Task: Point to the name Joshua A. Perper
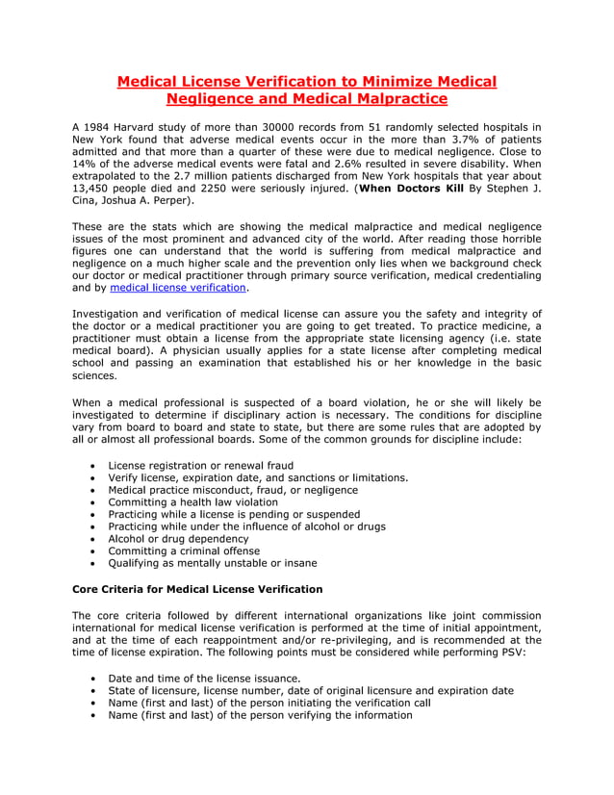pyautogui.click(x=154, y=202)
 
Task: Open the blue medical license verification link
pyautogui.click(x=178, y=288)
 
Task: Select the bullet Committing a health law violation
pyautogui.click(x=192, y=502)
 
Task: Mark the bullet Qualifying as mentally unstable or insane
pyautogui.click(x=212, y=564)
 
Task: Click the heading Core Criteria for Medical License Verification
pyautogui.click(x=197, y=589)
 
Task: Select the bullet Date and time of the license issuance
pyautogui.click(x=204, y=678)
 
